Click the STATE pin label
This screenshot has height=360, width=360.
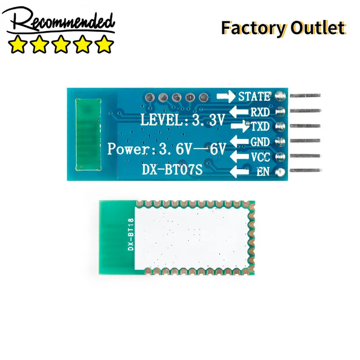[x=255, y=96]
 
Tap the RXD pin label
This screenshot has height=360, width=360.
[x=260, y=112]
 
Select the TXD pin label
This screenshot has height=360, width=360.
[x=260, y=126]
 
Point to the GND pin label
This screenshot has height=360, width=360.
[x=260, y=142]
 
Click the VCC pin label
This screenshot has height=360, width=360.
[x=261, y=157]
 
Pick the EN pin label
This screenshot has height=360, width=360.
[x=263, y=171]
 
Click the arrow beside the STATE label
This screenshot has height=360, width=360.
[x=226, y=96]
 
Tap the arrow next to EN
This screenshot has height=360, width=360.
[x=239, y=171]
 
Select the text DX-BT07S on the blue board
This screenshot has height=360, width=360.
[x=172, y=170]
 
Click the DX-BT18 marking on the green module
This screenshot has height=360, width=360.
[x=130, y=234]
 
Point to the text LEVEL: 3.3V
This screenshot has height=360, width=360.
[x=182, y=120]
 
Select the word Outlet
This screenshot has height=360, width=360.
[x=318, y=28]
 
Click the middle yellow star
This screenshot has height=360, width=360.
[x=61, y=44]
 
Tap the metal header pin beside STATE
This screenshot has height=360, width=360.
[x=306, y=95]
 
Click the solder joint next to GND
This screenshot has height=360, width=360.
[x=280, y=141]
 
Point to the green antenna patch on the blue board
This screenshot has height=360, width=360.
[x=88, y=135]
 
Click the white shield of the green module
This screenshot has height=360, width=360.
[x=192, y=238]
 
